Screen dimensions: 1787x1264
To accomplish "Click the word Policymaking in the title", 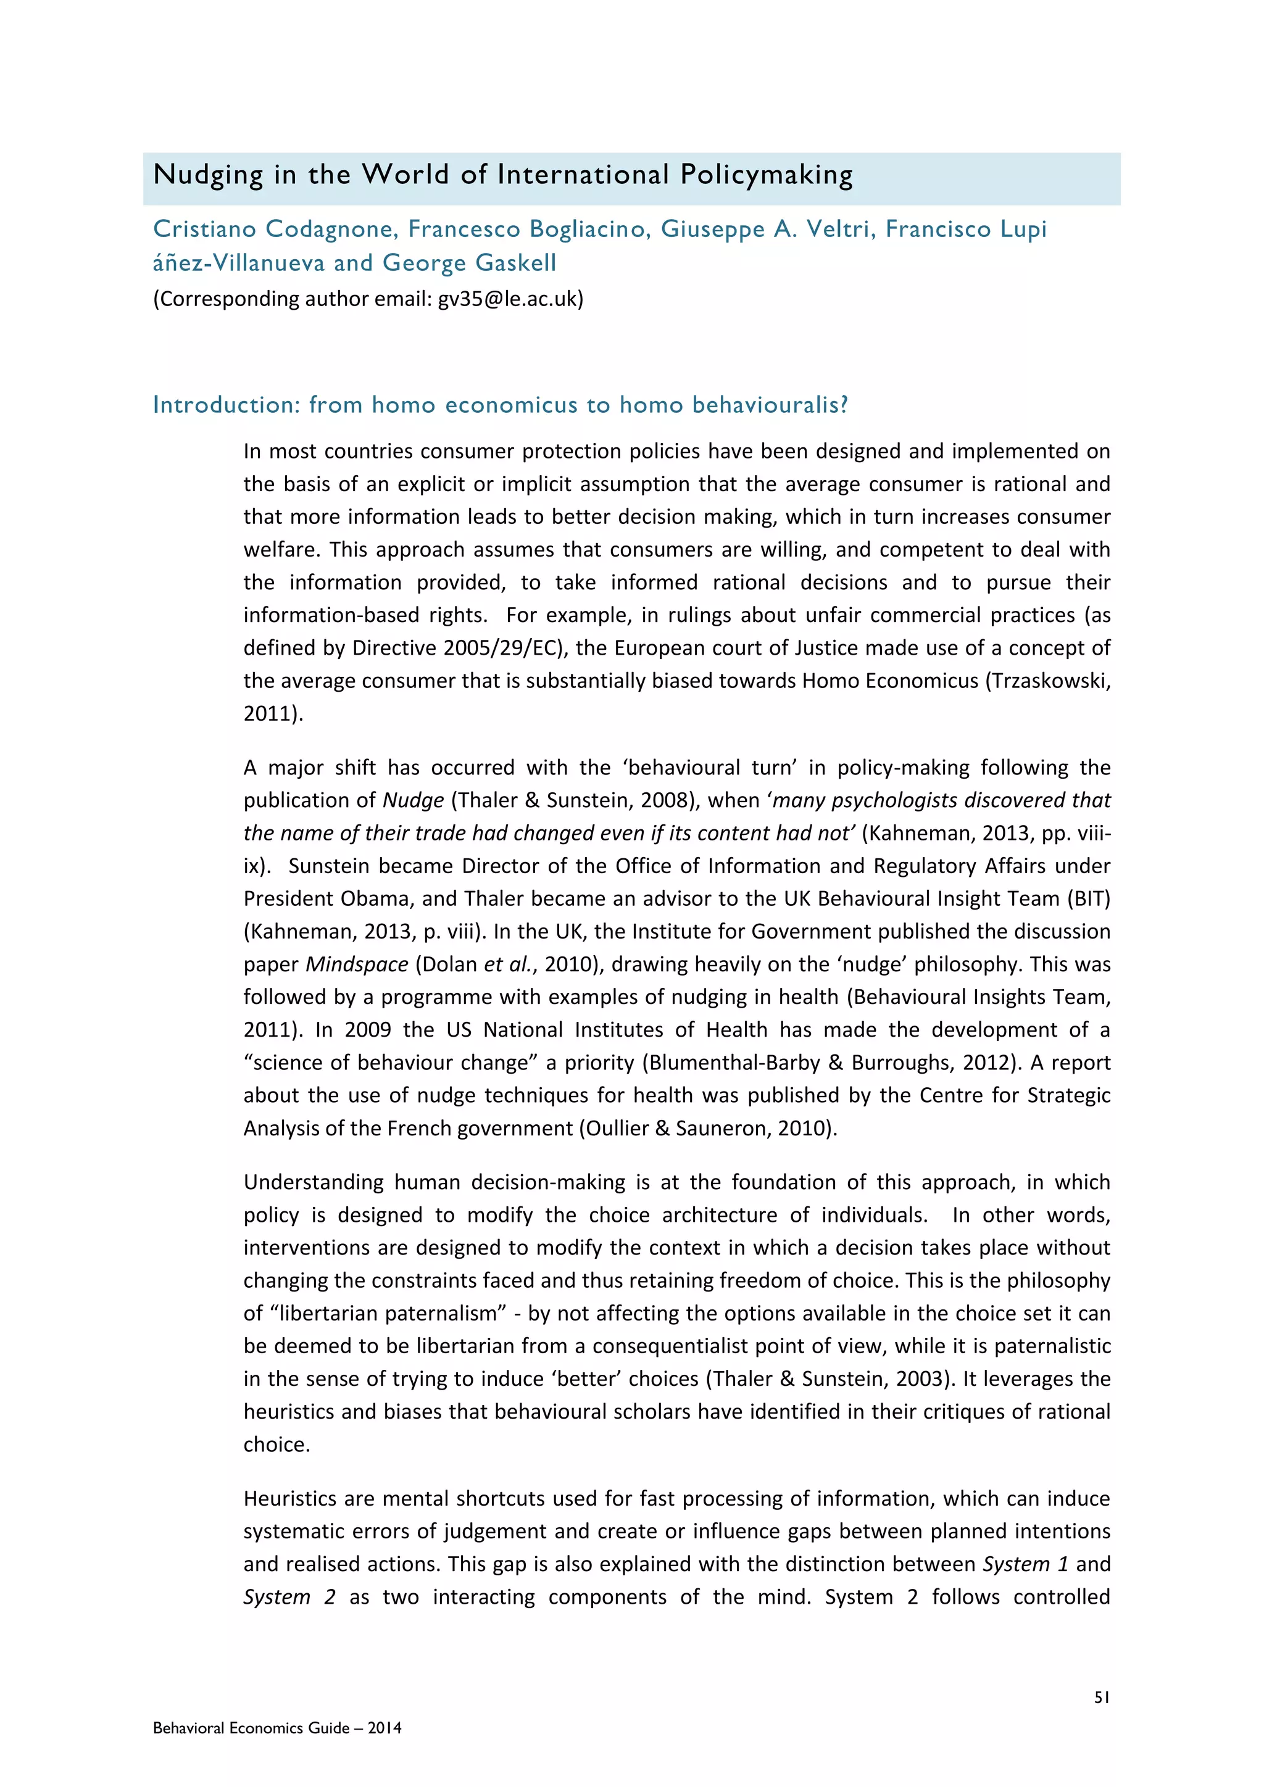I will coord(766,176).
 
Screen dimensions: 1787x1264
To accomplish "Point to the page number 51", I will coord(1101,1698).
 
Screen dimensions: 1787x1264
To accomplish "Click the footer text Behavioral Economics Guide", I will coord(251,1728).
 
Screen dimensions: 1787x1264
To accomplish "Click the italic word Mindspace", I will coord(357,964).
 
